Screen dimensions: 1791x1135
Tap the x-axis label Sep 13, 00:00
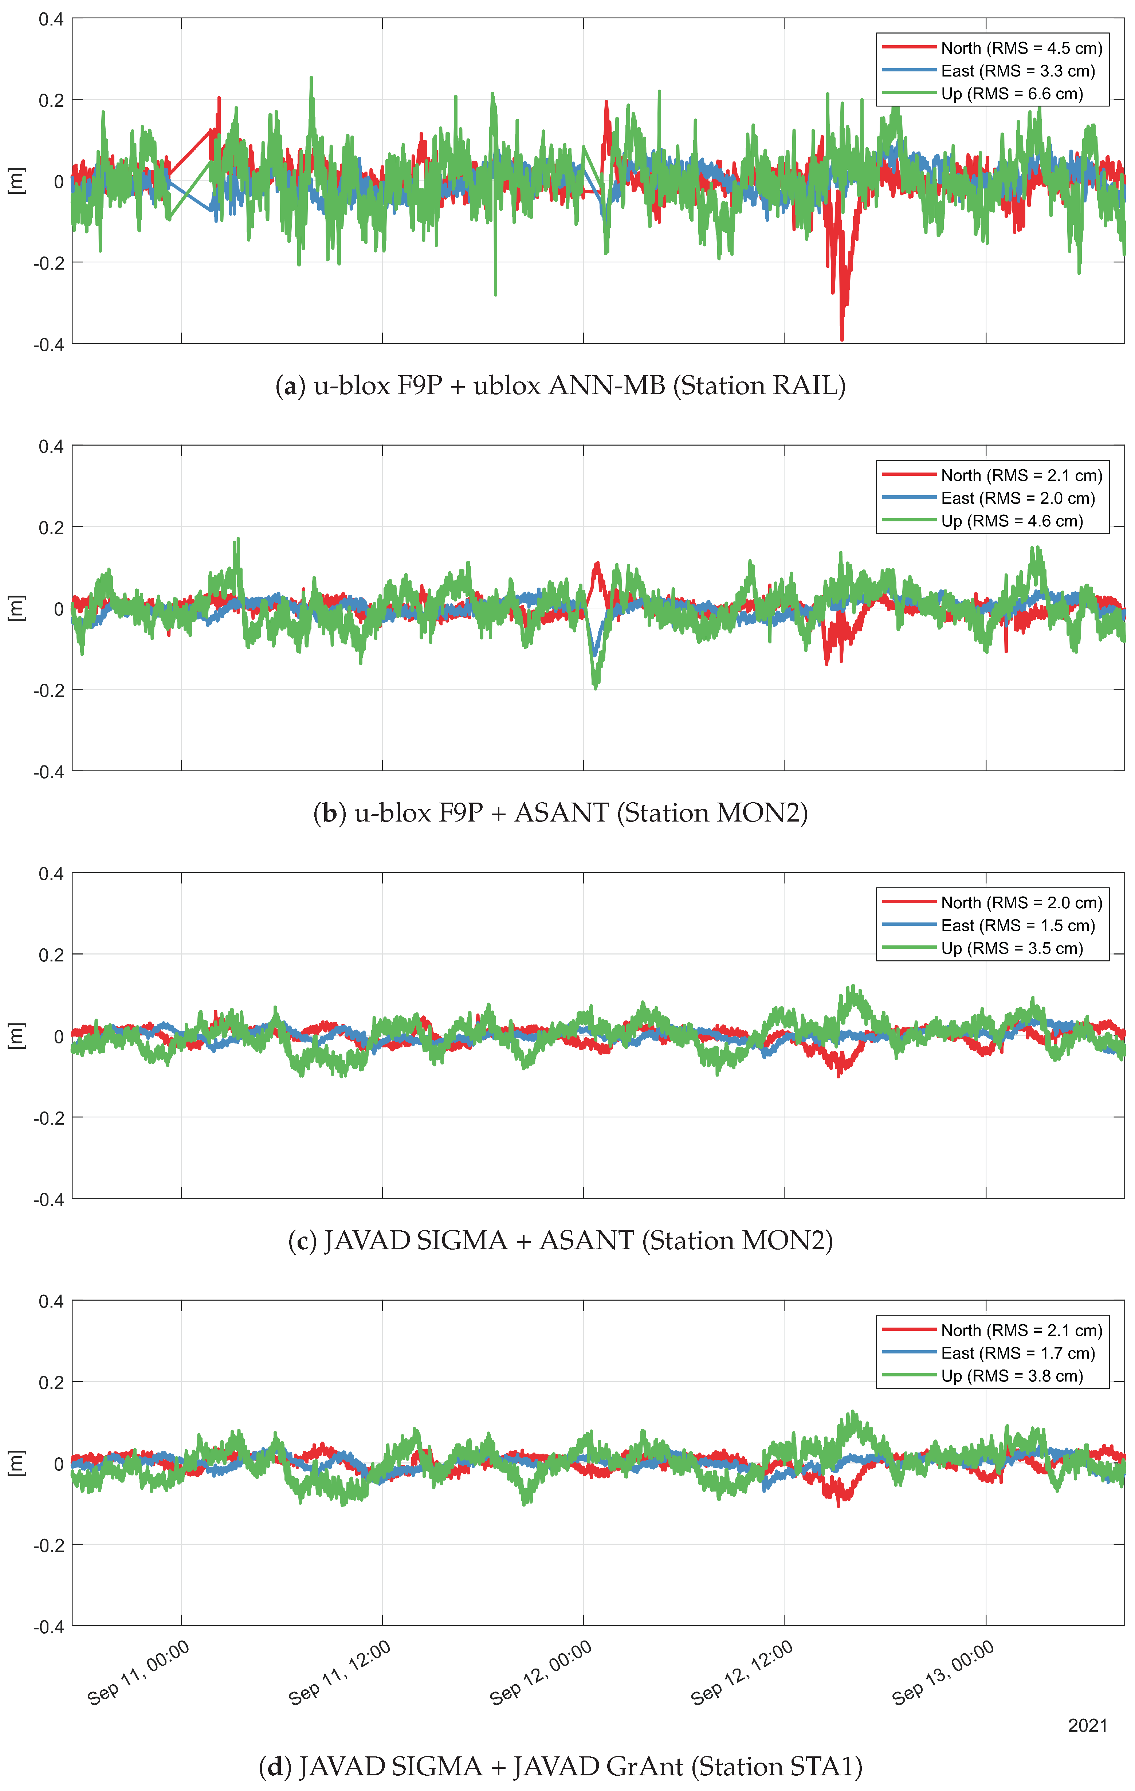point(943,1673)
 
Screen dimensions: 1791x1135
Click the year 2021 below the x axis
point(1087,1725)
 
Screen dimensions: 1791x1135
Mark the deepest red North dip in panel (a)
point(842,338)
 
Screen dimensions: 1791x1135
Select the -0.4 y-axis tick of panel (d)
point(48,1627)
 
